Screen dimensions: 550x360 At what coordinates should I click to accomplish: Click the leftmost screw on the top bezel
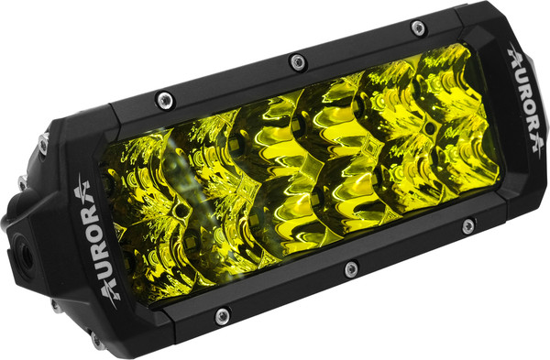[x=165, y=100]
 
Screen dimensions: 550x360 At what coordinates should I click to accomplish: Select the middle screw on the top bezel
[x=298, y=62]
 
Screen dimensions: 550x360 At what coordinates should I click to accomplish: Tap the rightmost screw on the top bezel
[x=418, y=27]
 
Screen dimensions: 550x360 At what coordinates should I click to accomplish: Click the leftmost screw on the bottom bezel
[x=223, y=316]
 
